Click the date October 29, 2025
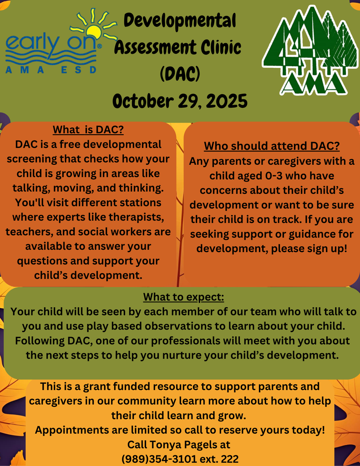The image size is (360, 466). coord(180,100)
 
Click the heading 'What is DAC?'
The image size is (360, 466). coord(88,130)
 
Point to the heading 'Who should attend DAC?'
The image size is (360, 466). coord(272,147)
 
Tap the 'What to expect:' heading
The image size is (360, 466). coord(183,298)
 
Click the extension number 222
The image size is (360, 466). coord(229,459)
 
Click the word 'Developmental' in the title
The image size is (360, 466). coord(180,20)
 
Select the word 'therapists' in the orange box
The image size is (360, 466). coord(141,217)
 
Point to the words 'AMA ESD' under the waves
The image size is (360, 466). coord(51,70)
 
